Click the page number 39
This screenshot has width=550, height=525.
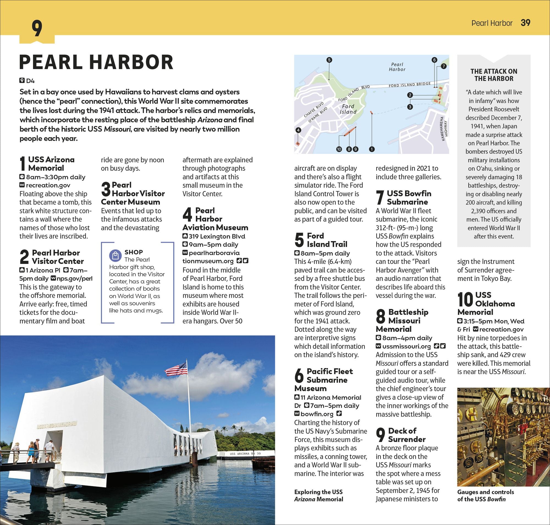pos(525,23)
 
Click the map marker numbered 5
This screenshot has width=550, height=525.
pos(329,60)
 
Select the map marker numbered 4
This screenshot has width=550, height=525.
pos(298,130)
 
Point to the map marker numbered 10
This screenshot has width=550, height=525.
pos(339,149)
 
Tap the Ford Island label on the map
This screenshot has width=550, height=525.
pos(348,109)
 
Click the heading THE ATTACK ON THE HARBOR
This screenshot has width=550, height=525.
pos(494,75)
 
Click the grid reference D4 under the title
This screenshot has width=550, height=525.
pos(30,81)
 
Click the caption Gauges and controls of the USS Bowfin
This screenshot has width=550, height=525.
pos(485,495)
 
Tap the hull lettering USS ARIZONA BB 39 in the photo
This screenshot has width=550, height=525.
pos(245,454)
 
